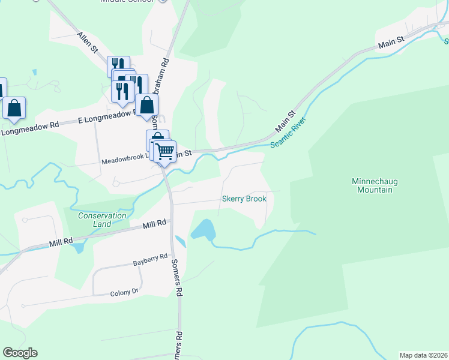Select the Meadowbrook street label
click(123, 161)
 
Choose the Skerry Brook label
click(244, 199)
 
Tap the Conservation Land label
click(102, 220)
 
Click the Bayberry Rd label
click(150, 259)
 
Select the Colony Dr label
click(124, 293)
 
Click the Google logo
click(20, 353)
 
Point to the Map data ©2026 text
click(424, 355)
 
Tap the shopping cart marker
click(164, 151)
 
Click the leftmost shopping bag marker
click(14, 109)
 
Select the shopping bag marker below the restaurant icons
click(146, 105)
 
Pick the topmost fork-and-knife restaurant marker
click(118, 65)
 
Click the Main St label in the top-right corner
click(390, 43)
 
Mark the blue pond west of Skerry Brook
click(202, 229)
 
